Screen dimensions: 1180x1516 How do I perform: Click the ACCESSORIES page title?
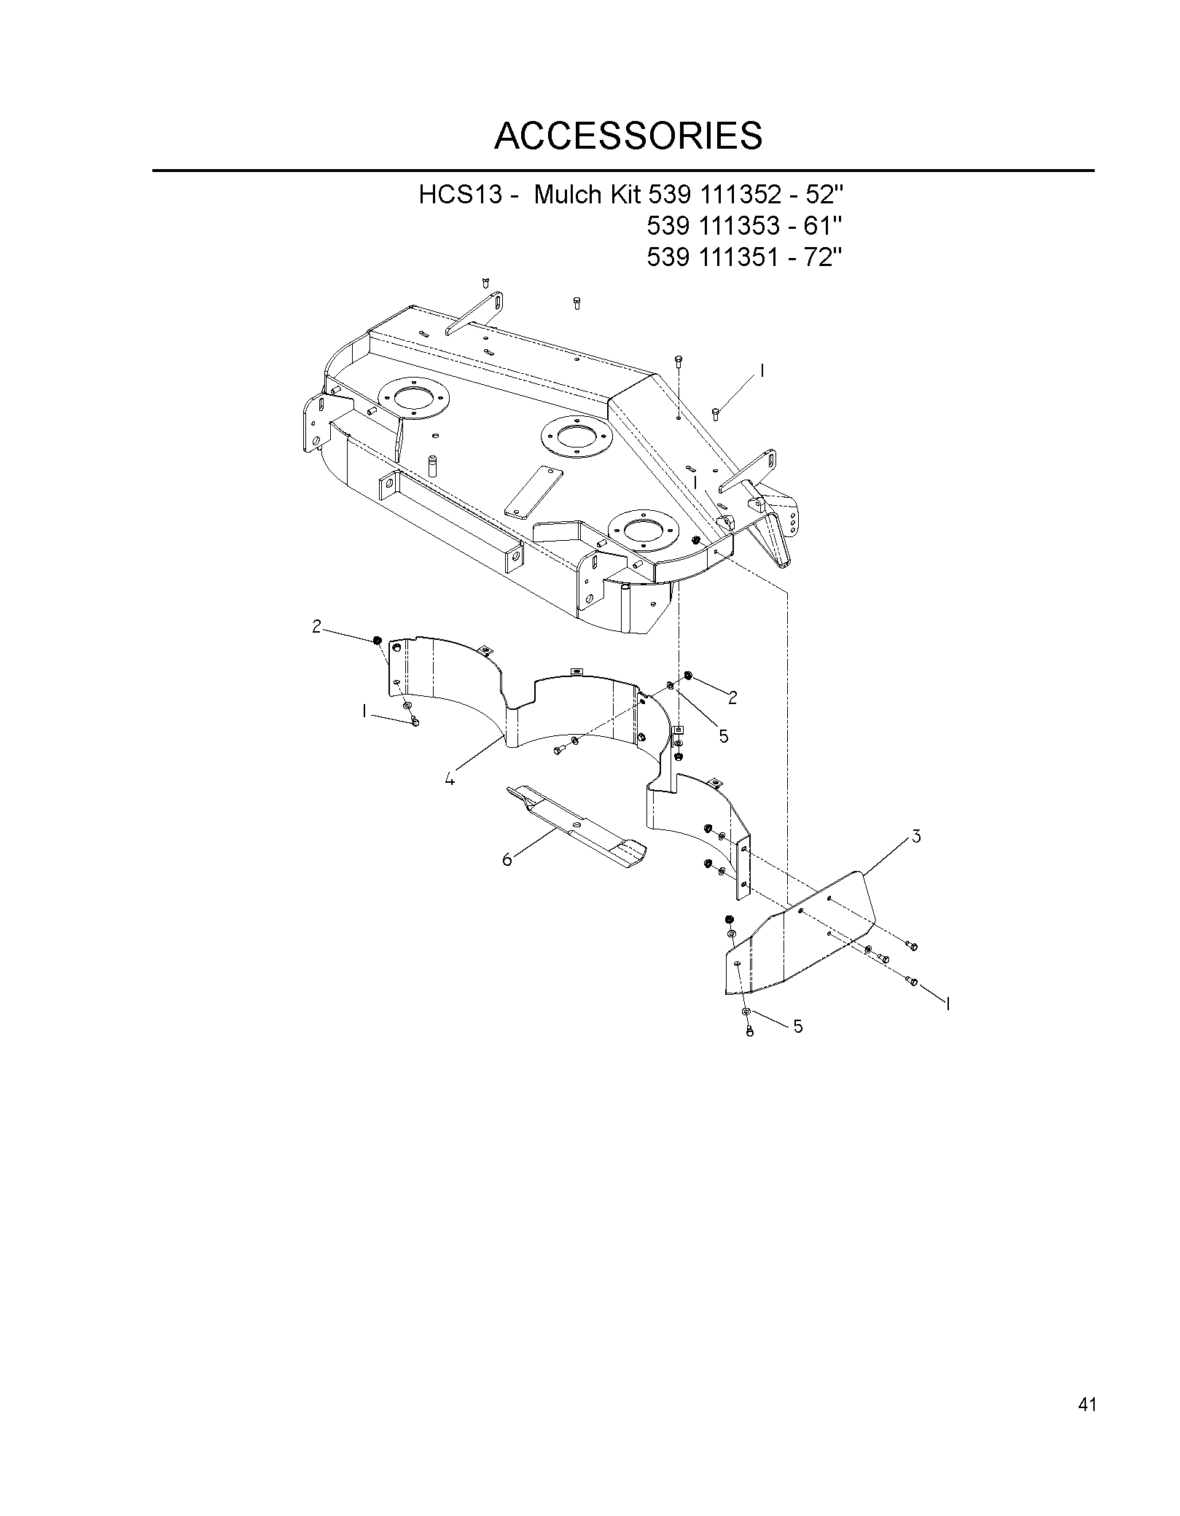tap(628, 135)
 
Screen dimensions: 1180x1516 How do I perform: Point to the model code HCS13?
tap(461, 195)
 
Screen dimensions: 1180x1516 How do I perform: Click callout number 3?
tap(916, 837)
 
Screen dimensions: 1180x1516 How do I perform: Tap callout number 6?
tap(507, 859)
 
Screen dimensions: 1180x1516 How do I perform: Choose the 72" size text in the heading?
tap(827, 257)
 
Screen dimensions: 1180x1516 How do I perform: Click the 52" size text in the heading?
tap(827, 195)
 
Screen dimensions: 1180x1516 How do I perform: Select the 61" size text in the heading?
tap(827, 226)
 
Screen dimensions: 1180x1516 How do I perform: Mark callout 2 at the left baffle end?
tap(316, 626)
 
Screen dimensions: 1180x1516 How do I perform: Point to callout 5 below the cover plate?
tap(798, 1027)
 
